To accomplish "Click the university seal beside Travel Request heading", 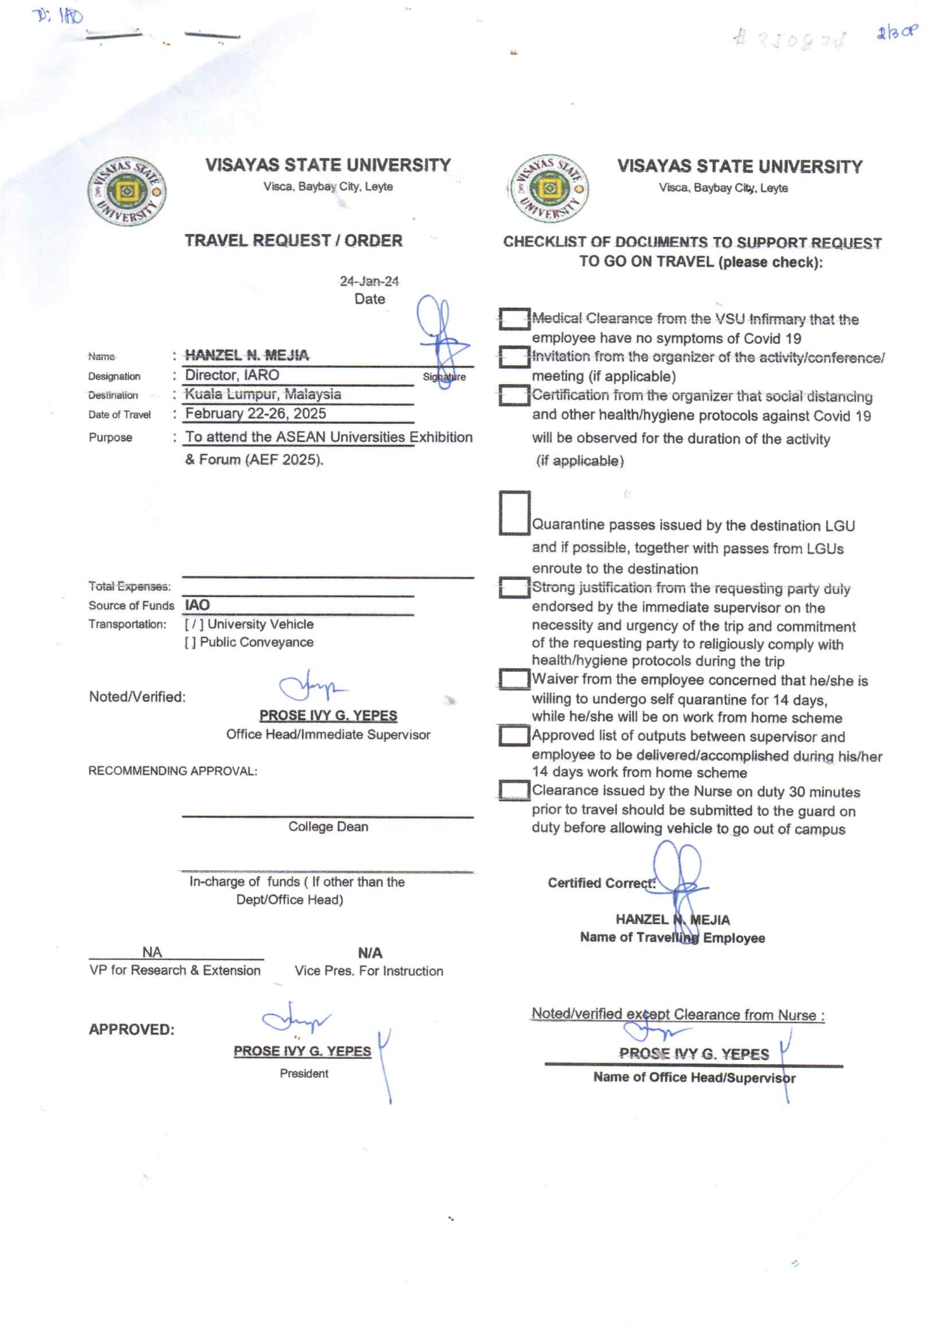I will pos(127,192).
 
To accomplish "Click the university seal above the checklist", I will pos(549,188).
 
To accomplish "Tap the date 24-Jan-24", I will pos(369,281).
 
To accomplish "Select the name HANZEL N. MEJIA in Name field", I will pos(247,355).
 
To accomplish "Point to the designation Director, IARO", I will pos(232,375).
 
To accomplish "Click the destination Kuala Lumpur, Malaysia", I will pos(262,394).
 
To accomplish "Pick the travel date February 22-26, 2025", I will pos(255,413).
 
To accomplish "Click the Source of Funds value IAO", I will pos(197,604).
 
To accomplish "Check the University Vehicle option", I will pos(193,624).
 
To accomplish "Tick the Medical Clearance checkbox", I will pos(514,319).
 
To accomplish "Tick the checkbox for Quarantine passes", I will pos(514,513).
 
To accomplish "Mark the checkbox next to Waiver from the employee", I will pos(514,679).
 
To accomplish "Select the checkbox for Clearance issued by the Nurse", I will pos(514,790).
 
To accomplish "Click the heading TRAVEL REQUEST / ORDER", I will pos(293,241).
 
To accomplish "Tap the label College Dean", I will pos(328,826).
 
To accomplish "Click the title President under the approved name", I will pos(304,1073).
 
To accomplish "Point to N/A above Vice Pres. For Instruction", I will pos(370,952).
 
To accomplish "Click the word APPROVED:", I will pos(131,1029).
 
